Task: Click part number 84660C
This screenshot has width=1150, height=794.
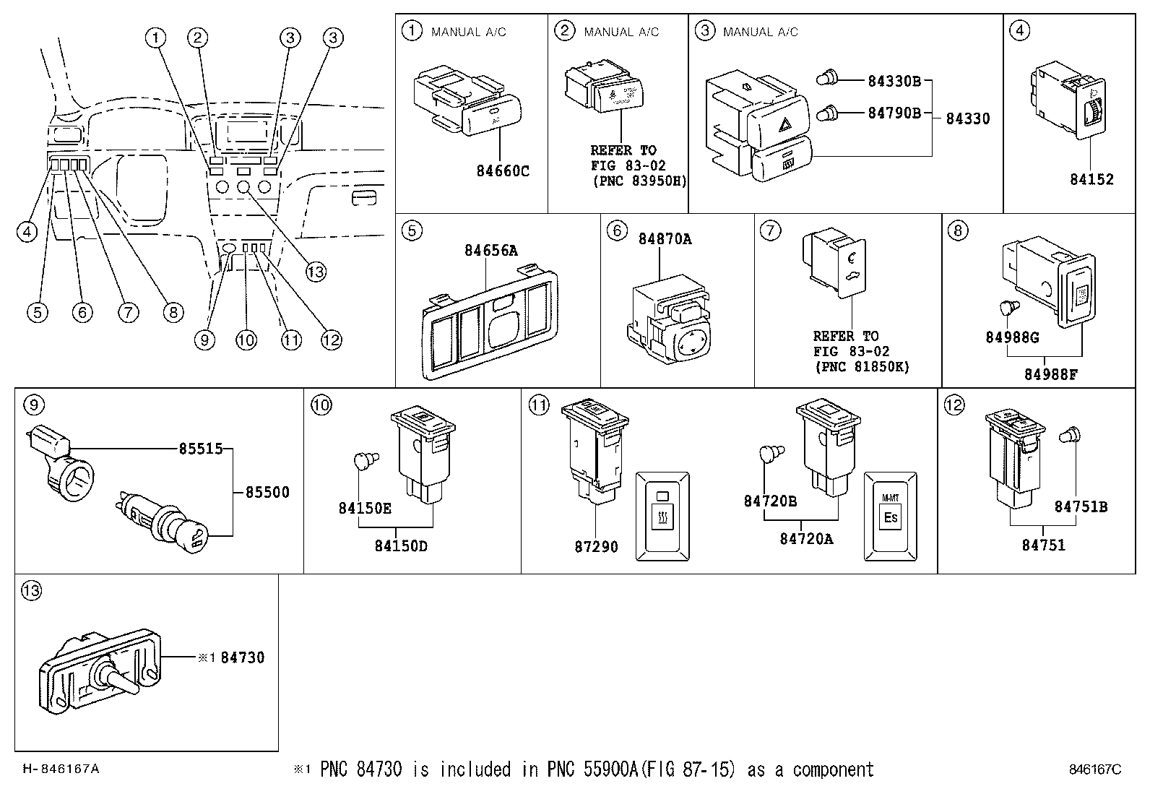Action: coord(502,171)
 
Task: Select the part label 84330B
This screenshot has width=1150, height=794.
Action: coord(894,81)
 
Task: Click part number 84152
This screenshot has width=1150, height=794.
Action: coord(1091,180)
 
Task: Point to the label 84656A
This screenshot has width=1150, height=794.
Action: coord(490,251)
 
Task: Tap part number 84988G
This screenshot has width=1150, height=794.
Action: coord(1011,337)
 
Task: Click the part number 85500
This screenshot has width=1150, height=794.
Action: coord(267,492)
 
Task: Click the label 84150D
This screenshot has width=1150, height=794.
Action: coord(400,545)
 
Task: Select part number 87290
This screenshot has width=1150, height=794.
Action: coord(596,547)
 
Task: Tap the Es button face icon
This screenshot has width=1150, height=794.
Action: coord(890,517)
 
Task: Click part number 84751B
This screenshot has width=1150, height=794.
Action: coord(1080,506)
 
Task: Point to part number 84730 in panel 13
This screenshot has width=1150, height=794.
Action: coord(242,657)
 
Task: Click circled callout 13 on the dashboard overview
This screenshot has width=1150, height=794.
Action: coord(316,272)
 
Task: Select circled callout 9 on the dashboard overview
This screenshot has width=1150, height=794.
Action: coord(205,340)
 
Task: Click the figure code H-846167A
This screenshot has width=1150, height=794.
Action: coord(61,769)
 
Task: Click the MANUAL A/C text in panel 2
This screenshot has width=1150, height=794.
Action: coord(621,32)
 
